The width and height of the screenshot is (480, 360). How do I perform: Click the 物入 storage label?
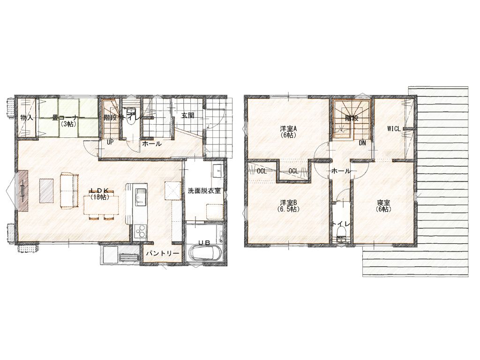27,117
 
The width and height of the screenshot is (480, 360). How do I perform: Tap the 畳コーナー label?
67,118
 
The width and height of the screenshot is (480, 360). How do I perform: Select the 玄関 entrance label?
188,116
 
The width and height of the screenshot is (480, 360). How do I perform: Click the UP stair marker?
110,142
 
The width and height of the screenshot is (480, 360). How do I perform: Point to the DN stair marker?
362,143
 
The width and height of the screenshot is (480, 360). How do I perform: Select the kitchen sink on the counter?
141,198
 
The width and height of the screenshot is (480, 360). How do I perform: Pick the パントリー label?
162,254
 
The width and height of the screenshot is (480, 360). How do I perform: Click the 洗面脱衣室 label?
204,191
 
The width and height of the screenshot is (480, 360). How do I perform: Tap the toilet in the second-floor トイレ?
341,239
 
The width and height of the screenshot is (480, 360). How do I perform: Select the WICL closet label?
394,129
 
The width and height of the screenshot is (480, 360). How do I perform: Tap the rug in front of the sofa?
46,190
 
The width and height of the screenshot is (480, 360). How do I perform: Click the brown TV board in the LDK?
23,190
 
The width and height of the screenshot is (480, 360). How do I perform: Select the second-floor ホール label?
341,171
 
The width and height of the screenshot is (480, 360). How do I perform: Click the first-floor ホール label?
152,143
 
